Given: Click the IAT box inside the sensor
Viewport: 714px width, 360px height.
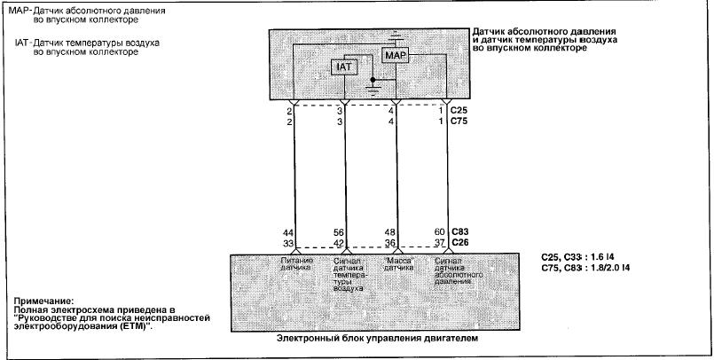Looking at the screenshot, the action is click(344, 67).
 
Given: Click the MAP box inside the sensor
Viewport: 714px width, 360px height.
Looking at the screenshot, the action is click(395, 56).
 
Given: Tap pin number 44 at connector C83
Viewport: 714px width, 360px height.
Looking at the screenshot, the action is click(287, 232).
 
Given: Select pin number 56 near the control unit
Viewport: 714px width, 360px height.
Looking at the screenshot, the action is click(338, 232).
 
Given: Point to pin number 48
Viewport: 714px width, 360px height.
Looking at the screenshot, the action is click(389, 232).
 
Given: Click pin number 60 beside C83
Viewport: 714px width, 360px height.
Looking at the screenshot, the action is click(439, 232).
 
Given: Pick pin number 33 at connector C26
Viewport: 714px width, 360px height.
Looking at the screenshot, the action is click(287, 243).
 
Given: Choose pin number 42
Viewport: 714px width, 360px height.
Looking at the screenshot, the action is click(338, 243).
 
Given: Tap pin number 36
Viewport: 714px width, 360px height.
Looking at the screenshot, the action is click(389, 243).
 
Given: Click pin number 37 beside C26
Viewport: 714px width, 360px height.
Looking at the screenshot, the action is click(439, 243).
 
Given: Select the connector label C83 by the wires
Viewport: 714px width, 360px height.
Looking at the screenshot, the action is click(460, 232).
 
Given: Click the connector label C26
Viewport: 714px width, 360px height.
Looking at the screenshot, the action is click(460, 243).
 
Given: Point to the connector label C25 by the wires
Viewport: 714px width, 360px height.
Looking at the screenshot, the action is click(460, 111).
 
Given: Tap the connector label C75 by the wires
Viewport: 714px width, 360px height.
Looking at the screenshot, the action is click(460, 121).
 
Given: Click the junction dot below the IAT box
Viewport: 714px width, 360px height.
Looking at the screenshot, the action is click(373, 80).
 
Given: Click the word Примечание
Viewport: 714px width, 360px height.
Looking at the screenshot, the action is click(43, 301).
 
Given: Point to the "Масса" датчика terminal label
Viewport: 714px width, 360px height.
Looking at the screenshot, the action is click(398, 264).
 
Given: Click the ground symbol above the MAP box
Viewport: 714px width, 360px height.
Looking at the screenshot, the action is click(396, 37).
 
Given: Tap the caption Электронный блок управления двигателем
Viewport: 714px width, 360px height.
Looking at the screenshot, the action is click(378, 339).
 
